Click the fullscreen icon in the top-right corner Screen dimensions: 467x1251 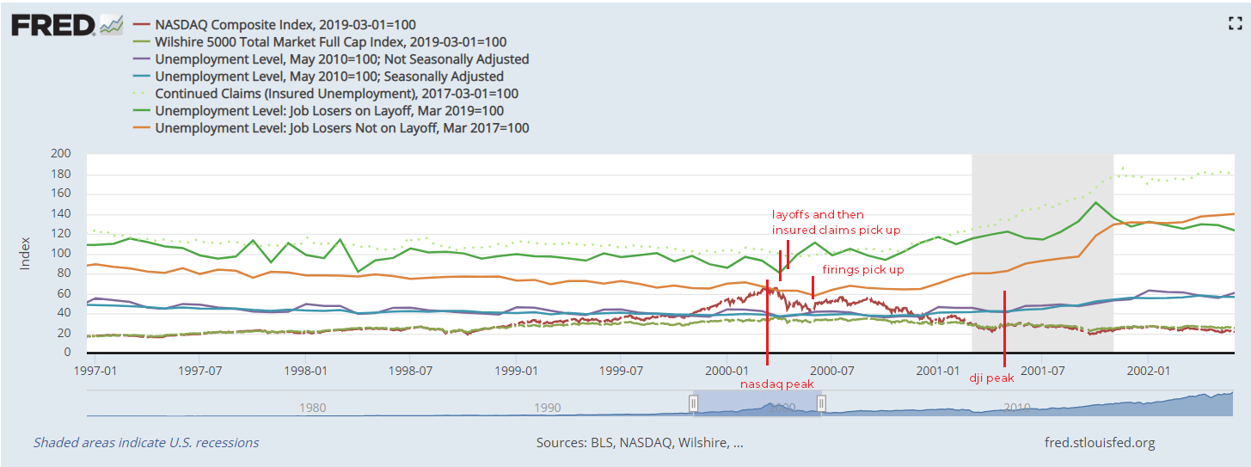(1236, 24)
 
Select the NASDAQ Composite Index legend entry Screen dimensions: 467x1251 (285, 25)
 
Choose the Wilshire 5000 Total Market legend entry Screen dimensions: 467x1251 (330, 42)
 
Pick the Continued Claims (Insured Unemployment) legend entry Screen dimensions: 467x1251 (336, 94)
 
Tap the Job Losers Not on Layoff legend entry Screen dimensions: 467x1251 (341, 128)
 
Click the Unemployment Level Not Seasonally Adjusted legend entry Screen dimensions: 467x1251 (341, 59)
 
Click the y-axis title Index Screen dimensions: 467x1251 (25, 253)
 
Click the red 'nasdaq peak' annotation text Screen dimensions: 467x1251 (776, 384)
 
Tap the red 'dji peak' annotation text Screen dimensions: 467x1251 (991, 378)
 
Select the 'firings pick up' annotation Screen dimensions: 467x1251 (862, 269)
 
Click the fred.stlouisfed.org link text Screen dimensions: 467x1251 (1098, 443)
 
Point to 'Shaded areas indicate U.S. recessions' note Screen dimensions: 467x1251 (146, 443)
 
